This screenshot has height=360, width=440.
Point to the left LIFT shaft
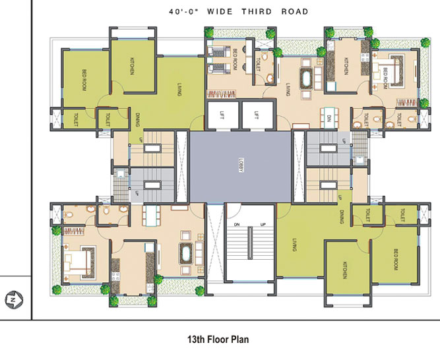point(222,116)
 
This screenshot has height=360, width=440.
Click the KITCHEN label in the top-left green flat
point(132,66)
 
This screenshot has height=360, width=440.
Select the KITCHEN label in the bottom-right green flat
point(344,270)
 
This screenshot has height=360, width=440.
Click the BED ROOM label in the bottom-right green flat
point(394,259)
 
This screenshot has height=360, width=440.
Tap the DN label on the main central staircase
point(236,225)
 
